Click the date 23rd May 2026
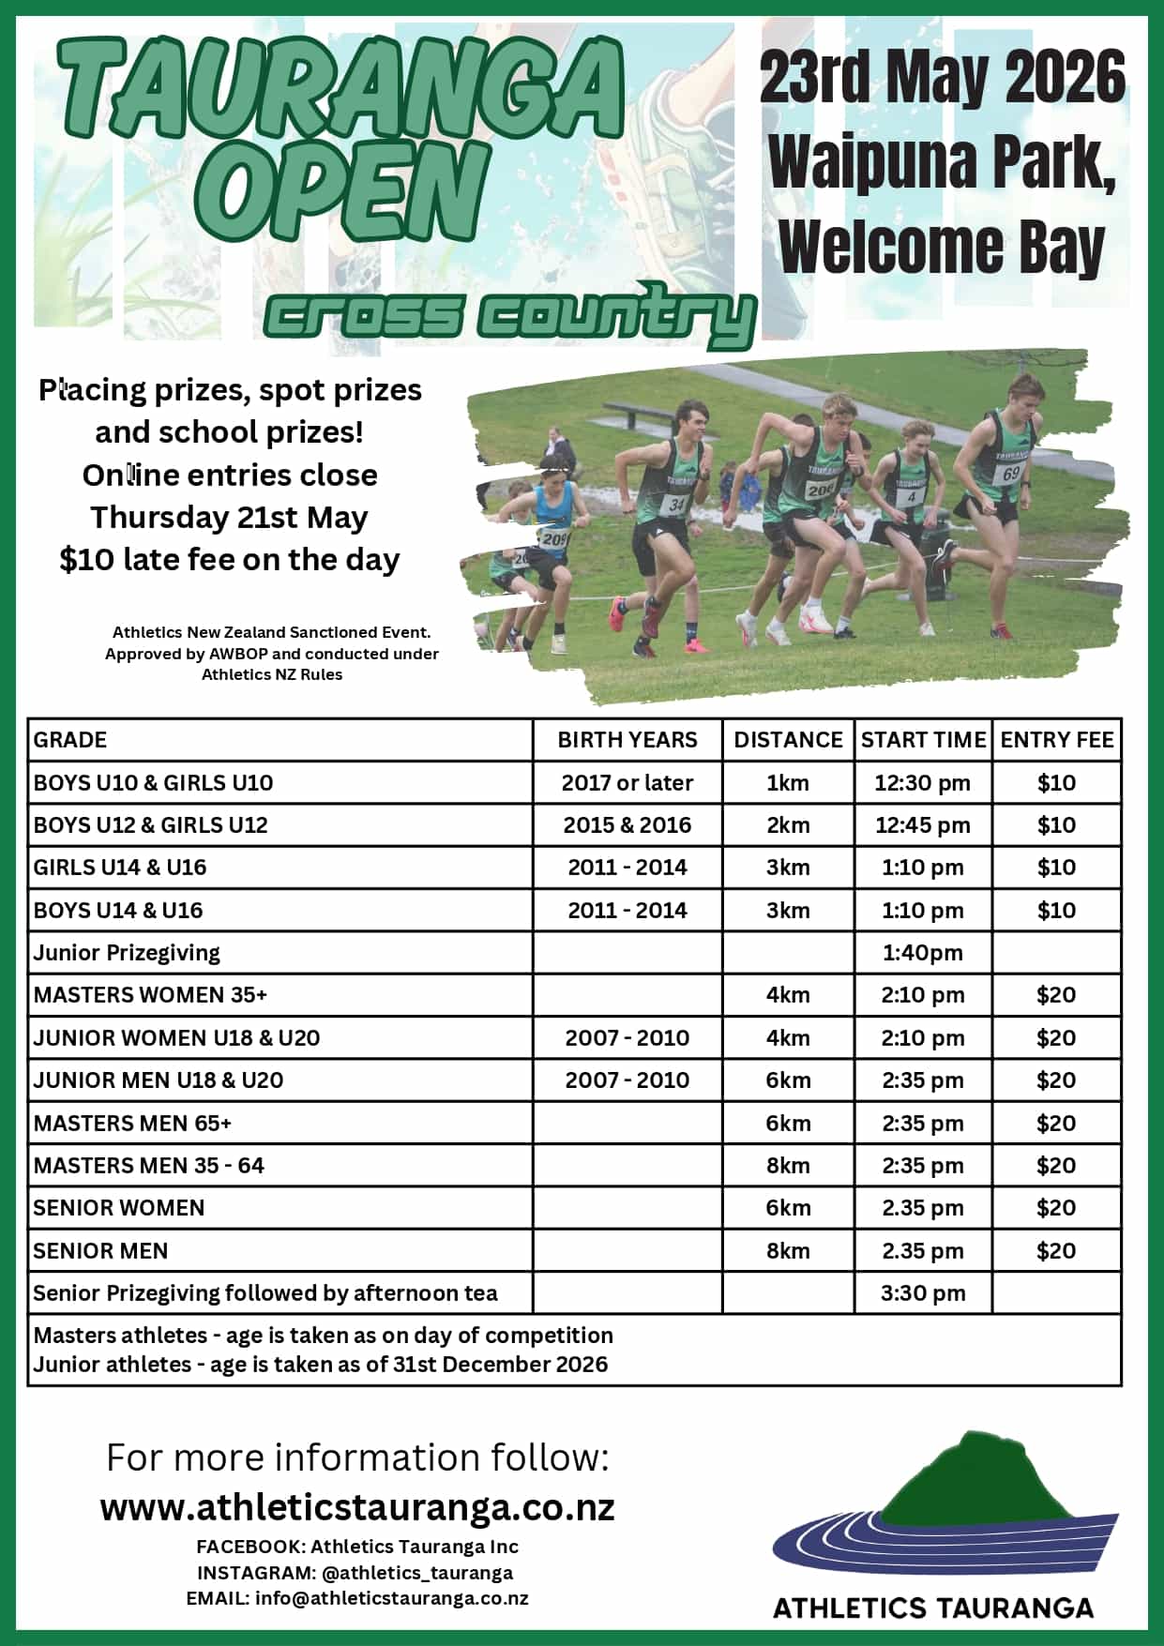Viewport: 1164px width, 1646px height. tap(942, 78)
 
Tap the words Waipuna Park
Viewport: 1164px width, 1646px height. tap(942, 162)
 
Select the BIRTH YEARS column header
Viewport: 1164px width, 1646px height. tap(627, 740)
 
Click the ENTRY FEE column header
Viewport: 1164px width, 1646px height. tap(1056, 740)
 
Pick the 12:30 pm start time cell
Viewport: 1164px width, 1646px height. tap(922, 783)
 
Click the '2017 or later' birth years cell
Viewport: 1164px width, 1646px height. tap(627, 783)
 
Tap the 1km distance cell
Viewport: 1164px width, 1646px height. tap(787, 783)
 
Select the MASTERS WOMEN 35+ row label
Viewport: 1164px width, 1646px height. tap(150, 995)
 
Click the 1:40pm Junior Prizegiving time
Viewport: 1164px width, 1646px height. tap(922, 953)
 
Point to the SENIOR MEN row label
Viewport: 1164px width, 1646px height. tap(100, 1251)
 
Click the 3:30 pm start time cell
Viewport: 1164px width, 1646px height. tap(922, 1293)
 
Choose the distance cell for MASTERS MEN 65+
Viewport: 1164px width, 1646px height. tap(787, 1124)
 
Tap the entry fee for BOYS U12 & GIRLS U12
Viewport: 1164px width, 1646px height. tap(1056, 825)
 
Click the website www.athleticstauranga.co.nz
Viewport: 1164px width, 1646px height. tap(357, 1508)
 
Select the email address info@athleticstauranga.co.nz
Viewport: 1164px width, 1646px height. tap(391, 1598)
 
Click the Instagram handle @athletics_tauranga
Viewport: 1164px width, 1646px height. tap(417, 1573)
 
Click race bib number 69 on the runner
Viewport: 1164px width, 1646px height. tap(1010, 473)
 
